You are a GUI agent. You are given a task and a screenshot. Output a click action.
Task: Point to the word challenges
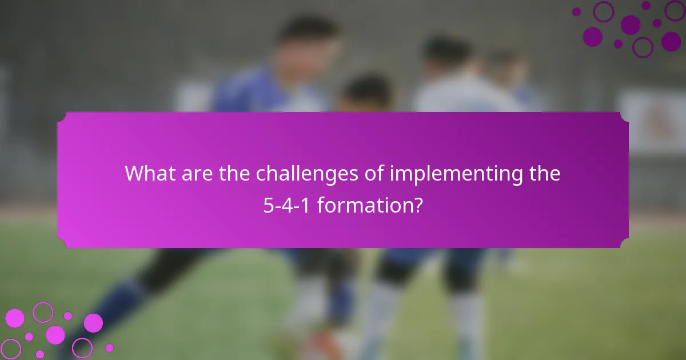click(307, 174)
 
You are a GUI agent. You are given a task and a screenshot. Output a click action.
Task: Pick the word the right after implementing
click(544, 174)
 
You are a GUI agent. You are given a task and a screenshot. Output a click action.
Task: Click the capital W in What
click(134, 174)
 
